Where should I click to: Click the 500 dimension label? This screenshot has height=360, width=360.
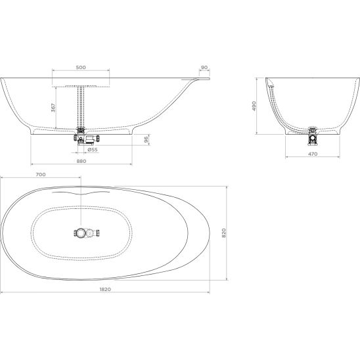[81, 67]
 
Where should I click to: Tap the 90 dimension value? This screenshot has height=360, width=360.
[204, 68]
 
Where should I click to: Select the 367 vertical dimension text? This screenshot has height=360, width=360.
[53, 108]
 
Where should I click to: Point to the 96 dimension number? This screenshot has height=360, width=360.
[146, 139]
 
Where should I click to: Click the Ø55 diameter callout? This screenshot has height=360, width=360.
[93, 150]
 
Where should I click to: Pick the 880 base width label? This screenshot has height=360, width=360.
[81, 161]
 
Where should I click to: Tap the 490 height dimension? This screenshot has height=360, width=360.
[254, 106]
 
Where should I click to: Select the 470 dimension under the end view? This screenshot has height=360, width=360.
[313, 154]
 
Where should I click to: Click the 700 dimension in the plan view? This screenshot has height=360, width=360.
[41, 175]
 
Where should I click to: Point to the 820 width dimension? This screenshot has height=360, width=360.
[224, 233]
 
